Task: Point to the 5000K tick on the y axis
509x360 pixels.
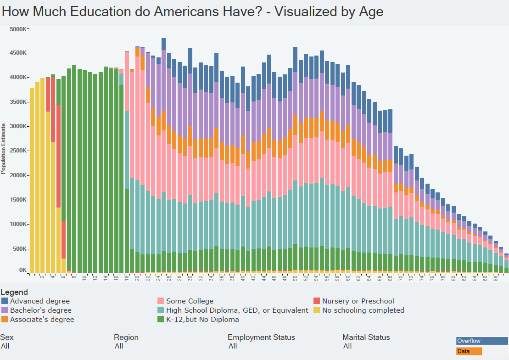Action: point(18,29)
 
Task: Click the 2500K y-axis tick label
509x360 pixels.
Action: point(18,151)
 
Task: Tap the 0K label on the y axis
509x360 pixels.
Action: point(22,270)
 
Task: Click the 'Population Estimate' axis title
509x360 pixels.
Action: point(3,148)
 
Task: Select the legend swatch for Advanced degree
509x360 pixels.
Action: point(5,301)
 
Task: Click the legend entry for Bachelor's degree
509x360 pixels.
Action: point(40,310)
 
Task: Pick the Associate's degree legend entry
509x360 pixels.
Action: point(42,320)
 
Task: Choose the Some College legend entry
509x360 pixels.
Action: point(190,301)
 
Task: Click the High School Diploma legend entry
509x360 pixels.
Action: point(237,310)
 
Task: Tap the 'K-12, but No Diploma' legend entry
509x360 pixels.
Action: point(202,320)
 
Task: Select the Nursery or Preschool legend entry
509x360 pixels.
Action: point(358,301)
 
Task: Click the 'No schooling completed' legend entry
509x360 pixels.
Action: point(363,310)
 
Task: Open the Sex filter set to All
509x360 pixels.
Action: point(5,346)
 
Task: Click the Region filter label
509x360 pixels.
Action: point(126,337)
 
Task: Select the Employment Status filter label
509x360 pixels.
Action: point(261,337)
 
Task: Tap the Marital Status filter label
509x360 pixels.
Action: point(366,337)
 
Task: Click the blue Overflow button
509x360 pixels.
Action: point(482,341)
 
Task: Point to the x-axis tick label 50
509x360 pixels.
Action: point(295,278)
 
